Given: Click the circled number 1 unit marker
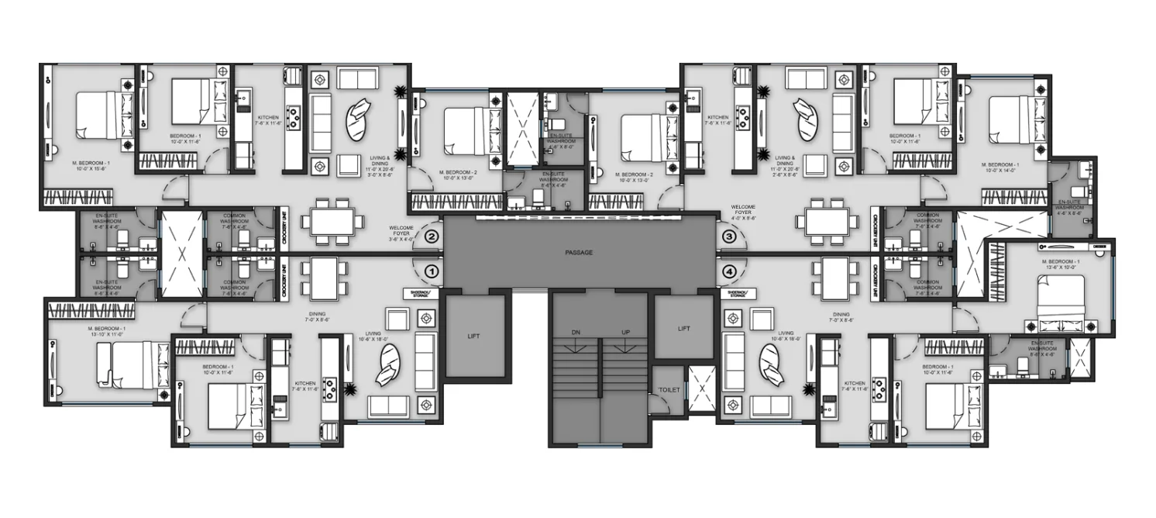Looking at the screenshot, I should pyautogui.click(x=432, y=272).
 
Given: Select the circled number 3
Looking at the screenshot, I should pyautogui.click(x=728, y=236).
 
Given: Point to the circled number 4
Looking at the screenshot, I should pyautogui.click(x=728, y=272).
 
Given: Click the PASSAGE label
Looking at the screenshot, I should pyautogui.click(x=579, y=253).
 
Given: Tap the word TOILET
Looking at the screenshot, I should pyautogui.click(x=669, y=389).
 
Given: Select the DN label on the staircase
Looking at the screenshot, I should pyautogui.click(x=576, y=333).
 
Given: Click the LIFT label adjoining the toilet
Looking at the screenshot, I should pyautogui.click(x=683, y=329).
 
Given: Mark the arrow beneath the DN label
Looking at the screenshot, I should pyautogui.click(x=576, y=347).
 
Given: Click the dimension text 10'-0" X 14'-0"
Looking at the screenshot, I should pyautogui.click(x=1000, y=171).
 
